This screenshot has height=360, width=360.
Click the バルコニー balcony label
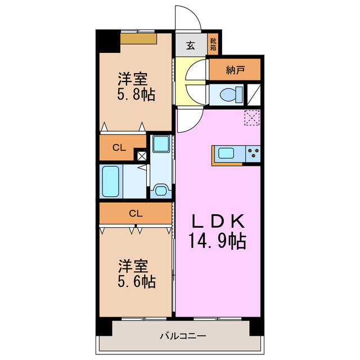[x=182, y=336]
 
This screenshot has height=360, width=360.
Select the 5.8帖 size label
[x=136, y=94]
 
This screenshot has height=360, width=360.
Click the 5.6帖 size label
[x=136, y=281]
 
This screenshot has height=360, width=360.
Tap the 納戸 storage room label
[x=235, y=70]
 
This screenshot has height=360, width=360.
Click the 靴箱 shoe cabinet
[x=213, y=44]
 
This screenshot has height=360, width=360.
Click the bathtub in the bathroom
[x=111, y=180]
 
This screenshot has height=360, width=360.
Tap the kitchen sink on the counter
[x=227, y=153]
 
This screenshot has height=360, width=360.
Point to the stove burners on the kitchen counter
[x=253, y=153]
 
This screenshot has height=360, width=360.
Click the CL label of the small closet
[x=118, y=148]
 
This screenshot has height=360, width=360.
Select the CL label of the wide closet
[x=135, y=213]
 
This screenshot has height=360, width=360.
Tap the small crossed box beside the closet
[x=141, y=157]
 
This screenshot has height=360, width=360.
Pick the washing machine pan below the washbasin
[x=161, y=190]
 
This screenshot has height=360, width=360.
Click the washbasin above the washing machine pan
[x=161, y=144]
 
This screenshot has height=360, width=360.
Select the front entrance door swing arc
[x=189, y=20]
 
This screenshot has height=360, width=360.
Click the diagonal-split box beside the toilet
[x=254, y=94]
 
